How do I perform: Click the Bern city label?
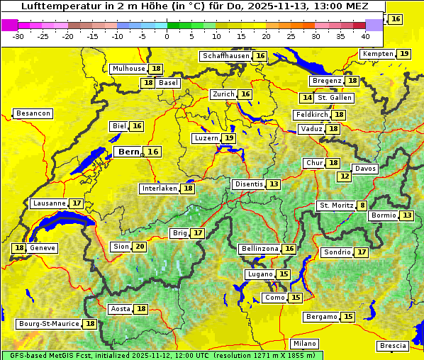tap(128, 152)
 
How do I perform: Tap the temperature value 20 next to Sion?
tap(139, 247)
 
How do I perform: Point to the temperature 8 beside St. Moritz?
tap(362, 206)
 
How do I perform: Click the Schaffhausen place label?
tap(225, 56)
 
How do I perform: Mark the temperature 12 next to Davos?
tap(345, 176)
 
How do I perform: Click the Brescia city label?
tap(393, 346)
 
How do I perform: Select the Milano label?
tap(305, 343)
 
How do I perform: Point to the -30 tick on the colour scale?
tap(18, 36)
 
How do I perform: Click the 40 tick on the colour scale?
tap(365, 36)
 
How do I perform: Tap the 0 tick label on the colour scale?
tap(167, 36)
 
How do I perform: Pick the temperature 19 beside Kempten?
tap(403, 54)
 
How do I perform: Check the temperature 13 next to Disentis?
tap(274, 184)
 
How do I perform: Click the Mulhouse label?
tap(128, 69)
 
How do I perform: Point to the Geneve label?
tap(43, 248)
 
